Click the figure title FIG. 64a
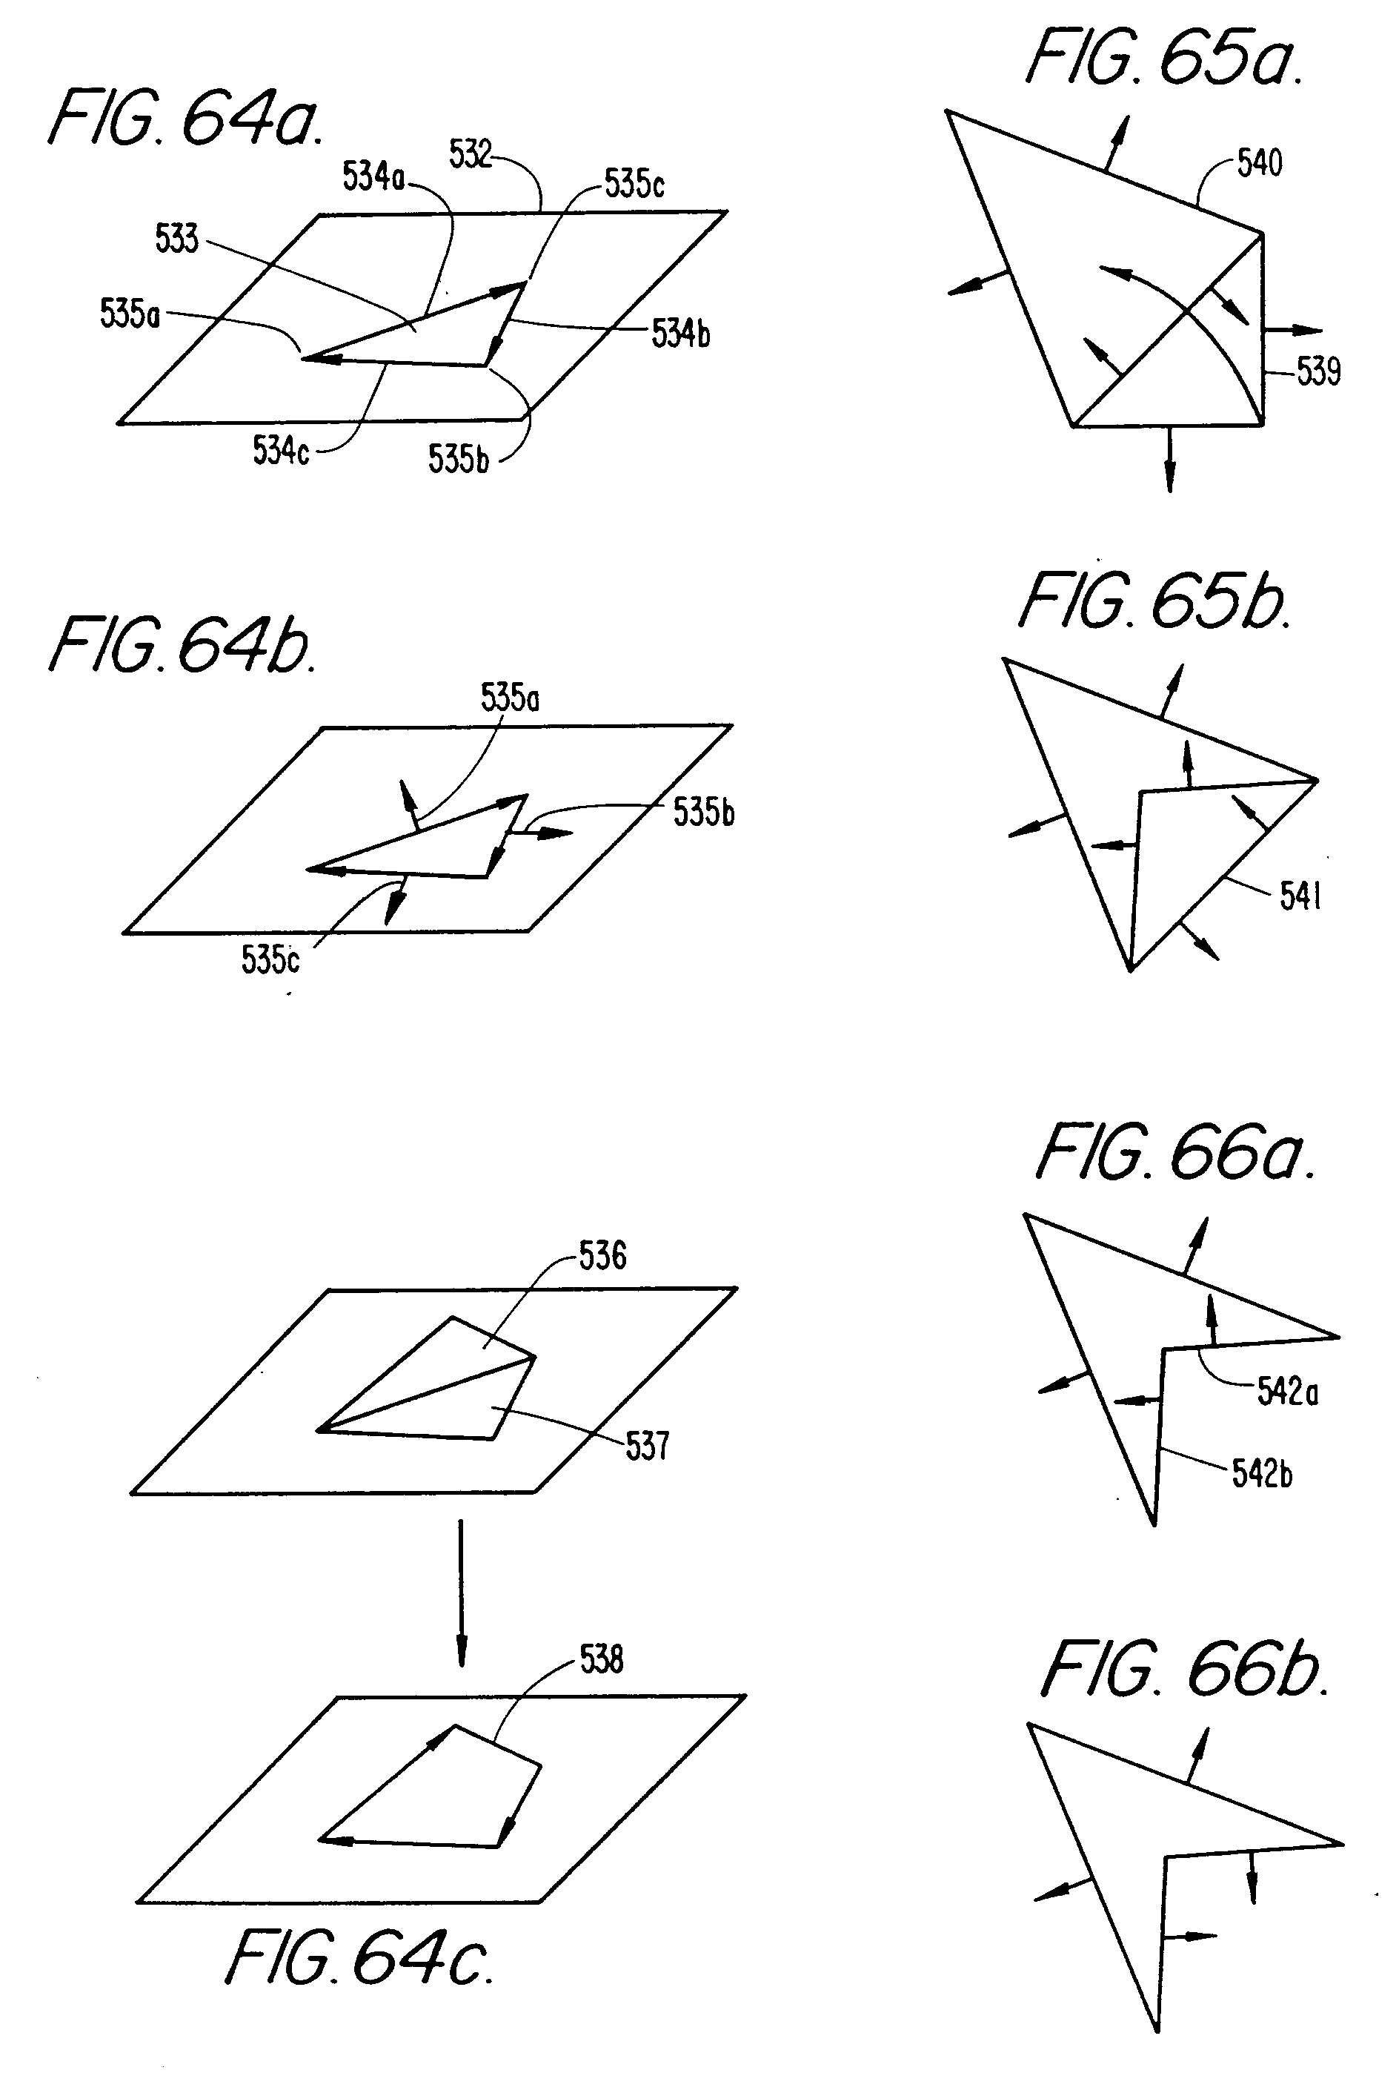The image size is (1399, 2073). tap(185, 119)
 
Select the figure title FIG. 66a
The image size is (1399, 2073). tap(1175, 1154)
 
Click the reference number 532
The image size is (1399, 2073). tap(470, 154)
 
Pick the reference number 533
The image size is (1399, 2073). tap(176, 239)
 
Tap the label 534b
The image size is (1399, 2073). tap(680, 334)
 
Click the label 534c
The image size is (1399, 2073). tap(280, 451)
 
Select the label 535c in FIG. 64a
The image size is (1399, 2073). tap(634, 184)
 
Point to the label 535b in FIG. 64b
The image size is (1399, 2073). tap(702, 813)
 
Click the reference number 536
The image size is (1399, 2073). tap(602, 1256)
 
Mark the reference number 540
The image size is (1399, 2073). tap(1259, 164)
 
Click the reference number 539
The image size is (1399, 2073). tap(1317, 371)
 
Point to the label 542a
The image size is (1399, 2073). tap(1286, 1392)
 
